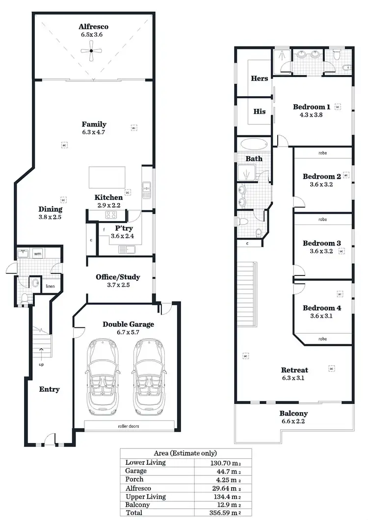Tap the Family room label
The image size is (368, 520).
click(x=94, y=124)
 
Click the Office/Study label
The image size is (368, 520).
click(x=118, y=277)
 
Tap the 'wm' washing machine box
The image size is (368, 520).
click(x=37, y=254)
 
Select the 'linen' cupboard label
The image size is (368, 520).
click(x=50, y=286)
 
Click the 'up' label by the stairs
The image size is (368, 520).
click(x=41, y=365)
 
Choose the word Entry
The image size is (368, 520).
click(x=49, y=389)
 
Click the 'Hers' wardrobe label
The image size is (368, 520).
click(x=259, y=78)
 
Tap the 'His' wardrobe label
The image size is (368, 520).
click(x=260, y=111)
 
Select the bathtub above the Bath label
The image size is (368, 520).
click(x=254, y=145)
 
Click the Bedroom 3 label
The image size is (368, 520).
click(x=321, y=243)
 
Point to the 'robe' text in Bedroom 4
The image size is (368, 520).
click(x=322, y=339)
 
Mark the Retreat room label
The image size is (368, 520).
click(x=294, y=370)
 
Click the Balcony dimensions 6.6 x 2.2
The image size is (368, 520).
click(x=293, y=421)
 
